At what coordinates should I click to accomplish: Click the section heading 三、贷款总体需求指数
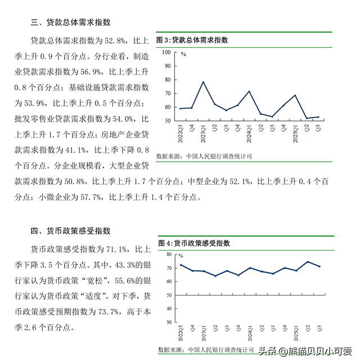70,22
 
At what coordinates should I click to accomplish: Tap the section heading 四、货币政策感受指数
70,231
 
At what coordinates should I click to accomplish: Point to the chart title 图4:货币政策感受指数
194,243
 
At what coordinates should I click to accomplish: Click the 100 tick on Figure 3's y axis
166,52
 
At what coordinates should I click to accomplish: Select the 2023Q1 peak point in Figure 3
203,82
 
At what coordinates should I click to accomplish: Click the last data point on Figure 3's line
318,117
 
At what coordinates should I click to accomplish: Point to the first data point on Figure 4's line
181,265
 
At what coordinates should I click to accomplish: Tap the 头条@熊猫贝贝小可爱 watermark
304,352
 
